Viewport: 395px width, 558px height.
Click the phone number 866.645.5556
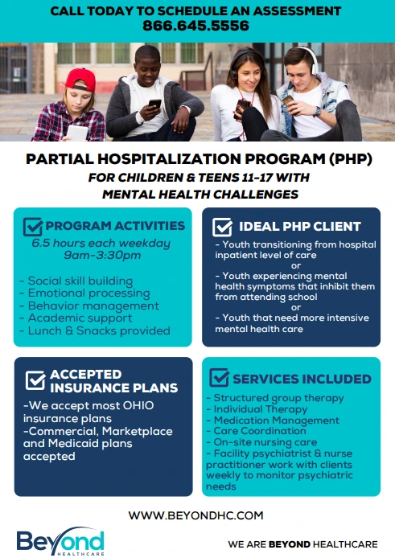click(x=195, y=26)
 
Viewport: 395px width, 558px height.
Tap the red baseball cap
click(x=81, y=79)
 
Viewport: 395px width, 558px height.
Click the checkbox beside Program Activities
click(x=33, y=227)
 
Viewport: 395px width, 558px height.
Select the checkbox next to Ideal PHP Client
click(x=222, y=227)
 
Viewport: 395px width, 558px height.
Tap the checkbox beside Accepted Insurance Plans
click(x=35, y=380)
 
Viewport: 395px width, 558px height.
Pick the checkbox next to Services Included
click(x=219, y=378)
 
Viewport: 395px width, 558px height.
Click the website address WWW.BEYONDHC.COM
click(x=196, y=515)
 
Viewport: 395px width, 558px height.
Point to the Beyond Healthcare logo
click(x=60, y=541)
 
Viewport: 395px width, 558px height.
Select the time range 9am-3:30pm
click(x=102, y=255)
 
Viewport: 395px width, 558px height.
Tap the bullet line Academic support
click(x=76, y=318)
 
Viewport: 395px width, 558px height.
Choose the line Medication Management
click(x=273, y=421)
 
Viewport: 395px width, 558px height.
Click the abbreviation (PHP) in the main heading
click(x=350, y=159)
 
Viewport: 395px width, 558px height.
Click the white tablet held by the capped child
click(x=77, y=133)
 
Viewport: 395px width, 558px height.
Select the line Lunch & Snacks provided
click(x=95, y=330)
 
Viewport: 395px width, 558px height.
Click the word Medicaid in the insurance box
click(x=74, y=443)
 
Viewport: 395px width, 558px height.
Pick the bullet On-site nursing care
click(x=261, y=442)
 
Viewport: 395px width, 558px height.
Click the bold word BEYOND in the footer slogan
click(x=290, y=544)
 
